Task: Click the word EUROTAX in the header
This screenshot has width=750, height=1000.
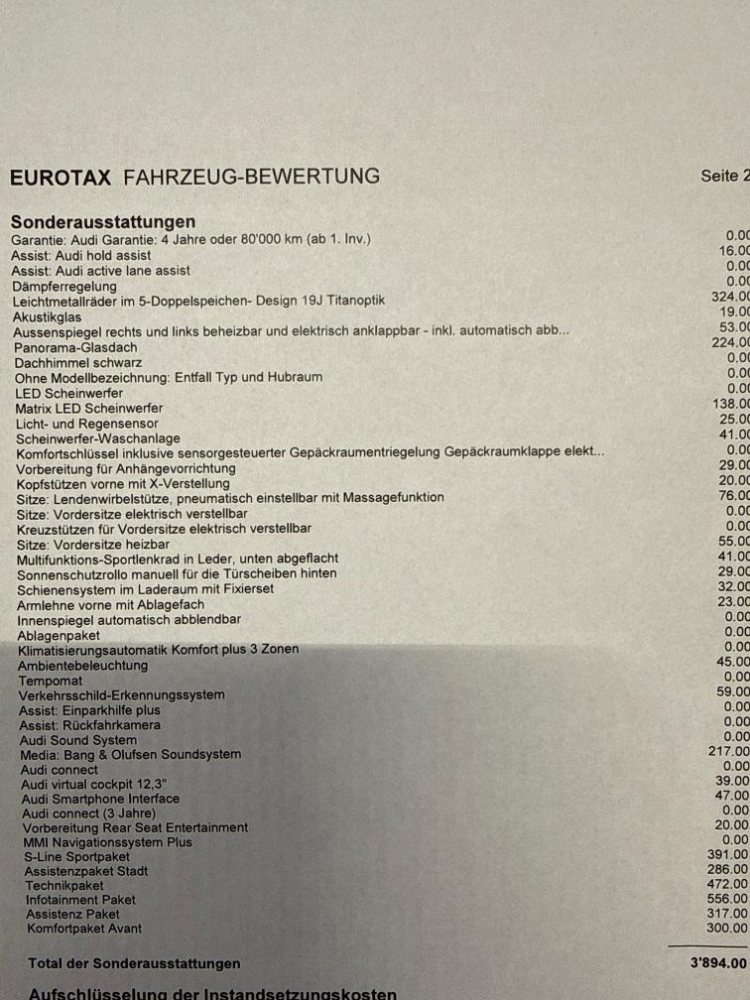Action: click(x=62, y=178)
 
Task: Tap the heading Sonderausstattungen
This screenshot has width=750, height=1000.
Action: click(x=103, y=221)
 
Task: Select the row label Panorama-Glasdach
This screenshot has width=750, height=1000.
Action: click(x=75, y=347)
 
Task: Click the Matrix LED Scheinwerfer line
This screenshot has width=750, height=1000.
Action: click(x=89, y=408)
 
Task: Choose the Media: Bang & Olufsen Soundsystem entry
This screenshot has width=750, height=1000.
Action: click(x=131, y=754)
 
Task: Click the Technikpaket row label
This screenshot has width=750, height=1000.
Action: click(x=64, y=885)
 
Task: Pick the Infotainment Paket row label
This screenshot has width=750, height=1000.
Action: click(x=80, y=900)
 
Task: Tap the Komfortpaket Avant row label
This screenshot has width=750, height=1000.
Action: click(x=84, y=929)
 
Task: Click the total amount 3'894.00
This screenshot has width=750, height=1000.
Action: click(x=719, y=962)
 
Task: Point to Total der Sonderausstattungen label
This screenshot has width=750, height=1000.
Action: click(x=134, y=963)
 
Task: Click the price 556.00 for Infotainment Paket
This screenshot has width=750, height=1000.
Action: click(x=728, y=899)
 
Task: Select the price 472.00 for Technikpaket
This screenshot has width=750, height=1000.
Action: click(x=728, y=884)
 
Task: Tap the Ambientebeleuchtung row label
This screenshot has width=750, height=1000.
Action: click(x=82, y=665)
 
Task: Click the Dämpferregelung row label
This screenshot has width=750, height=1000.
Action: click(x=63, y=287)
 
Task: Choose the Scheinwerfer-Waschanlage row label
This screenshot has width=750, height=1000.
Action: click(x=97, y=437)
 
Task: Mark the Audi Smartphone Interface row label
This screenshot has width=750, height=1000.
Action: click(x=100, y=799)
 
